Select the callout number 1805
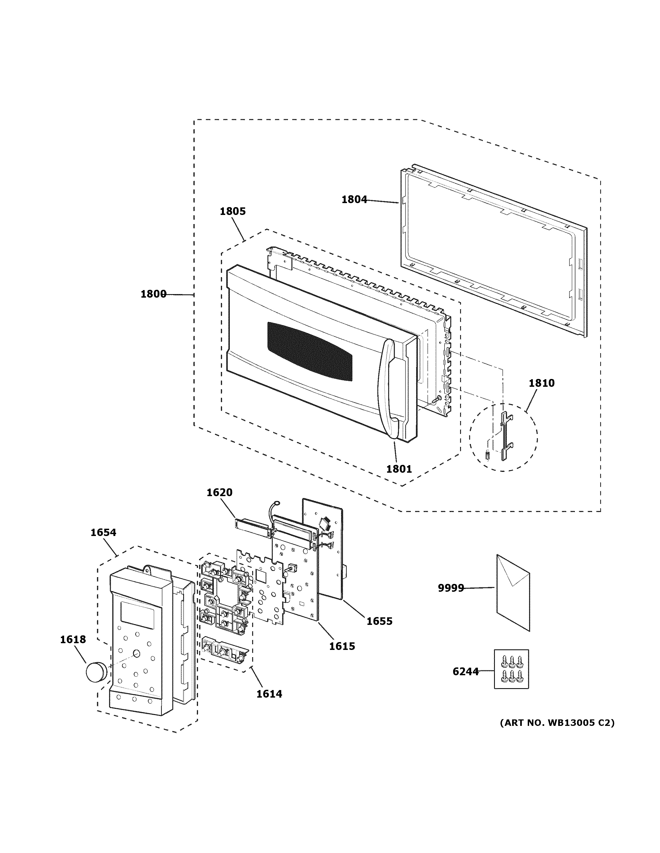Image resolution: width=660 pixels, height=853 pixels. pyautogui.click(x=233, y=211)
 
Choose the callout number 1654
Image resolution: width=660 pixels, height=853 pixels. pyautogui.click(x=103, y=532)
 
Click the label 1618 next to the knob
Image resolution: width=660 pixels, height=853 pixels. pyautogui.click(x=73, y=639)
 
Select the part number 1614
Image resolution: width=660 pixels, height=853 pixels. pyautogui.click(x=269, y=694)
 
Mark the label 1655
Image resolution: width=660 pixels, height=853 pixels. pyautogui.click(x=379, y=621)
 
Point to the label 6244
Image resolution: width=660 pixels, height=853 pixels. pyautogui.click(x=465, y=671)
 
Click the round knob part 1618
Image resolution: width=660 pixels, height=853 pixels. pyautogui.click(x=96, y=671)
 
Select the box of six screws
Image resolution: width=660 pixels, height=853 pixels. pyautogui.click(x=511, y=669)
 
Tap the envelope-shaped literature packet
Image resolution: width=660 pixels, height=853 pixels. pyautogui.click(x=513, y=594)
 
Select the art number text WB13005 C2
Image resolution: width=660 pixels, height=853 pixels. pyautogui.click(x=557, y=723)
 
